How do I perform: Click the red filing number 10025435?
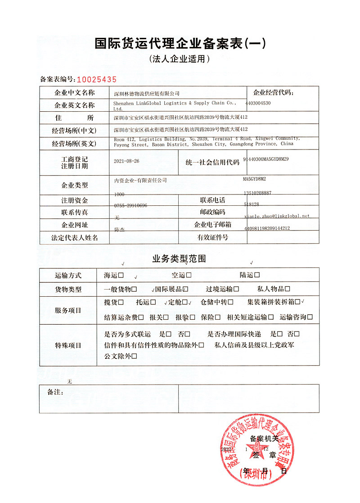96,80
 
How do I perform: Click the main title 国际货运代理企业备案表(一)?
180,44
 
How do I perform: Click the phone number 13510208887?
257,193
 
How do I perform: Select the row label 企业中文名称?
74,93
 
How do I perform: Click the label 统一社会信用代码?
212,163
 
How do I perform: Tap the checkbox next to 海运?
121,275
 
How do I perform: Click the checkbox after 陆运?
257,275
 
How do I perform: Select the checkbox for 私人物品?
287,289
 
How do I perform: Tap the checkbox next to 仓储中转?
230,302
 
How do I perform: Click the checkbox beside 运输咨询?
310,317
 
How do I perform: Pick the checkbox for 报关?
166,317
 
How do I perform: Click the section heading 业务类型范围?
179,259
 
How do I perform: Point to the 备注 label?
55,392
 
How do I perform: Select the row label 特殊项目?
68,345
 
